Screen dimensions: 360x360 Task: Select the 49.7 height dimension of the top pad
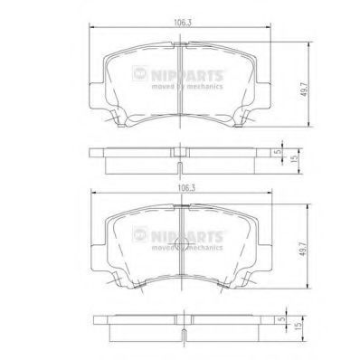(305, 89)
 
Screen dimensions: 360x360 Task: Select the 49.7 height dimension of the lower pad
(303, 249)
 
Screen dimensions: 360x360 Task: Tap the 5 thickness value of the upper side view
(279, 152)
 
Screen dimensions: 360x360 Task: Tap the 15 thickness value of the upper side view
(295, 157)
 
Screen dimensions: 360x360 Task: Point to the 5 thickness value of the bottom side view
(282, 319)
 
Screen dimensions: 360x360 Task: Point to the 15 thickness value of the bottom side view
(298, 326)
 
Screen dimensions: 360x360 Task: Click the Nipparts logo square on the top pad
(139, 73)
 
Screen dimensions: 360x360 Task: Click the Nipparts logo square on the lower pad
(139, 234)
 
